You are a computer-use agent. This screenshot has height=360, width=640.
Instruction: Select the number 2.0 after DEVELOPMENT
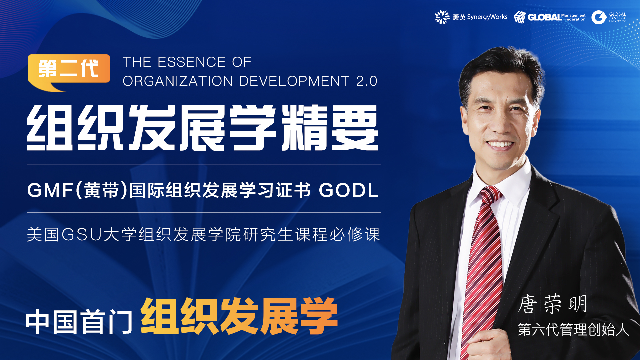tap(366, 81)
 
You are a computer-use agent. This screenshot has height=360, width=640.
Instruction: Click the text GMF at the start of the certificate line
tap(50, 190)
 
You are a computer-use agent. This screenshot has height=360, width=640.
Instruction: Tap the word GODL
tap(348, 190)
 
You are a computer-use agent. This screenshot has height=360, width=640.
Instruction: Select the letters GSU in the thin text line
tap(82, 234)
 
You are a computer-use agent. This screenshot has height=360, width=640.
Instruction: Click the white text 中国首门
tap(79, 322)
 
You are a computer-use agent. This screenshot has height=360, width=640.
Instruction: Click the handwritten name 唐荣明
tap(552, 304)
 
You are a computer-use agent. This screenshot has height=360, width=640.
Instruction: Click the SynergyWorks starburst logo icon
tap(442, 17)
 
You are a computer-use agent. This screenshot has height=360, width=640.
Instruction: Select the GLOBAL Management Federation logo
tap(550, 17)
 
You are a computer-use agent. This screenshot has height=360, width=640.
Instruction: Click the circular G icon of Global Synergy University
tap(599, 17)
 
